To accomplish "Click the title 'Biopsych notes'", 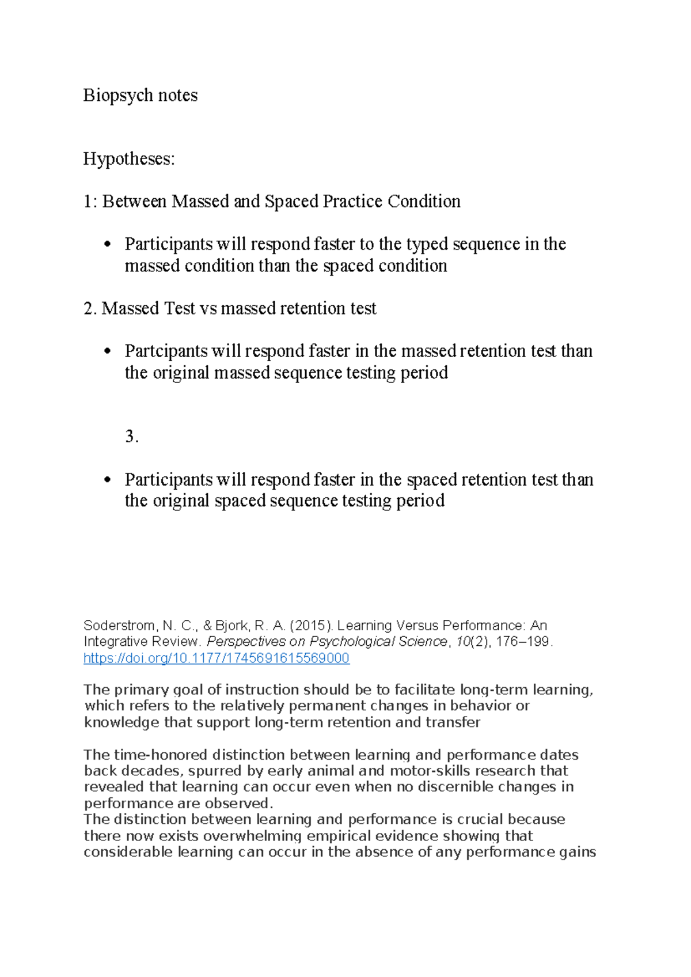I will click(140, 95).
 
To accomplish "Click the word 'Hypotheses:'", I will click(128, 158).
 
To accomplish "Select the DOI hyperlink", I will click(216, 658).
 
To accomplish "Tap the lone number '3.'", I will click(132, 436).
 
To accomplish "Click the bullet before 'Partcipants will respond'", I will click(107, 351).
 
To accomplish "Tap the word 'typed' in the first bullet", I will click(427, 244).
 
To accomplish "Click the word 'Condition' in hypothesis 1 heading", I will click(424, 202).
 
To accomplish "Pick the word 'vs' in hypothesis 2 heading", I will click(208, 309).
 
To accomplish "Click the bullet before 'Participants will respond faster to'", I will click(107, 244).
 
